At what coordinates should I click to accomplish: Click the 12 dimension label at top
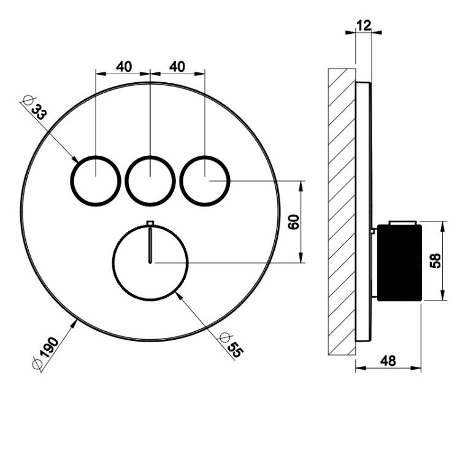click(364, 25)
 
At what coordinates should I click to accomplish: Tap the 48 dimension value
click(388, 361)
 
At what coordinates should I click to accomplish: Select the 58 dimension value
click(435, 261)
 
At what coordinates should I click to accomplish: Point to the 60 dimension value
click(294, 222)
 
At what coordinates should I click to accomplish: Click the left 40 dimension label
click(124, 67)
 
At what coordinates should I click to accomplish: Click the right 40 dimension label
click(177, 67)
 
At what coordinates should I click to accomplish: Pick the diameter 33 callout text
click(34, 108)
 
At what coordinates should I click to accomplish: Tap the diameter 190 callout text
click(45, 353)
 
